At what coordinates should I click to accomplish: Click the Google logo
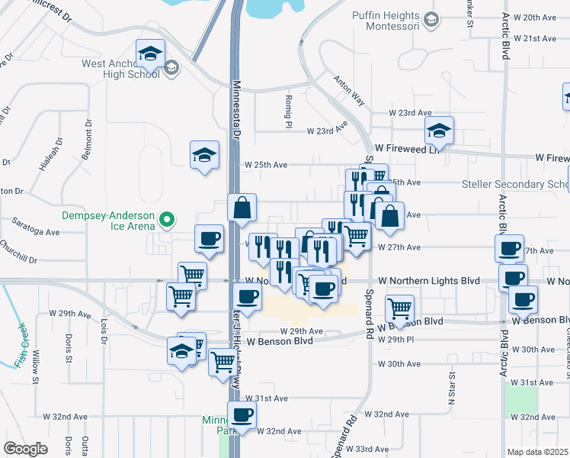click(x=25, y=448)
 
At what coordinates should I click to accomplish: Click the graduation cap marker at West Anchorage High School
click(x=151, y=54)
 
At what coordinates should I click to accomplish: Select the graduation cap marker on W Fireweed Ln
click(x=440, y=131)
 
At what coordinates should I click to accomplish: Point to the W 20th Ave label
click(x=536, y=18)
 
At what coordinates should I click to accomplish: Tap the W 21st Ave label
click(x=536, y=38)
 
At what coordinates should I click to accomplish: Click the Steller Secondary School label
click(x=515, y=185)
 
